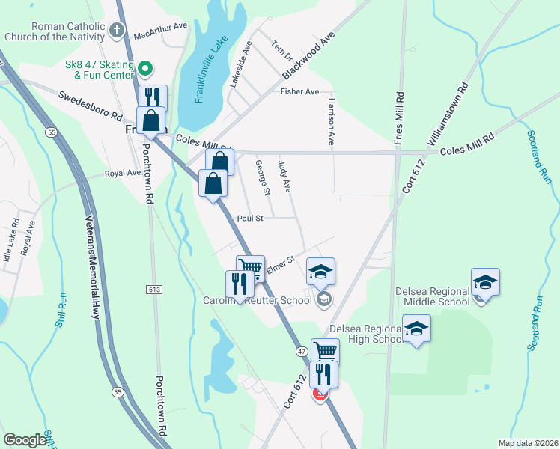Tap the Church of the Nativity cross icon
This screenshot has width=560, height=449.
116,31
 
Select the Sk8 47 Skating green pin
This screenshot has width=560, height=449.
146,70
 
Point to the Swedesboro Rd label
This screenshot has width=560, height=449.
90,106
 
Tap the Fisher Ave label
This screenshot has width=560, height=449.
299,92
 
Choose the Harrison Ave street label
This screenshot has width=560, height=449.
329,120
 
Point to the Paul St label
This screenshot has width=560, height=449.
250,219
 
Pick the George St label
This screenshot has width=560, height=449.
262,178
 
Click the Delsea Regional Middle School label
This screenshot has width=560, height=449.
433,296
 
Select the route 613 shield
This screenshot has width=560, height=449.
155,290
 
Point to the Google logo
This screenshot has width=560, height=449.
25,440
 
